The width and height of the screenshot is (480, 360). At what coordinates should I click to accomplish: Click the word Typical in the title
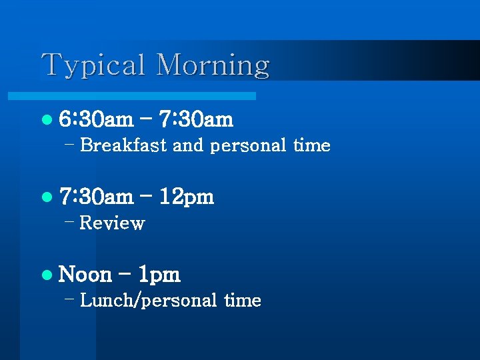tap(93, 66)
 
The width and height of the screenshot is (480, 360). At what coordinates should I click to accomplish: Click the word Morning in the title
tap(213, 66)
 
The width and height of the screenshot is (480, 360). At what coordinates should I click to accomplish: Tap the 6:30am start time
tap(96, 120)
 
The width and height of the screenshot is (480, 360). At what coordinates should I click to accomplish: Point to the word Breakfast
tap(123, 145)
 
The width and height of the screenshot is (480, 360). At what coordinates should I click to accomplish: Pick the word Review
tap(111, 223)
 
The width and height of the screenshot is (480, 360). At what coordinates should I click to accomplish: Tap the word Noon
tap(85, 275)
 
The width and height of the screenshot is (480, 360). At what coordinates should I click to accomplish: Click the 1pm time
tap(158, 275)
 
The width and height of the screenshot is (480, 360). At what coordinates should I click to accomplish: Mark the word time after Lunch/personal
tap(242, 301)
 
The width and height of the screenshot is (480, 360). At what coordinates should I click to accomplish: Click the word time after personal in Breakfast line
tap(311, 145)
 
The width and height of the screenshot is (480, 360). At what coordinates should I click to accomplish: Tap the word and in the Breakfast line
tap(187, 145)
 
